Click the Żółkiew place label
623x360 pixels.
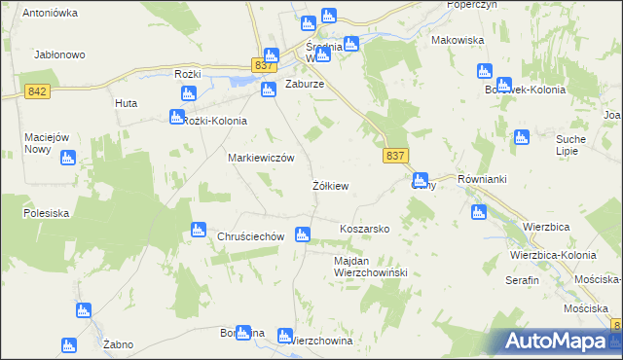pos(330,185)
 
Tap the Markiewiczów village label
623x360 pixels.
pos(260,157)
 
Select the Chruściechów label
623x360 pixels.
pos(250,236)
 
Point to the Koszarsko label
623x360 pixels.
pos(364,229)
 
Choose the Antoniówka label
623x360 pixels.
pos(50,14)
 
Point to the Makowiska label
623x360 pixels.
pos(458,41)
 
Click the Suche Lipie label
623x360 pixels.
pos(570,146)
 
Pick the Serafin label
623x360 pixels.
pos(522,279)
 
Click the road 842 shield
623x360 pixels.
pos(36,90)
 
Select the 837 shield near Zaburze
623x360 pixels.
pos(263,64)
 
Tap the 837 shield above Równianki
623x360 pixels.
pos(395,156)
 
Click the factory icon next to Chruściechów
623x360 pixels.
pos(199,230)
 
